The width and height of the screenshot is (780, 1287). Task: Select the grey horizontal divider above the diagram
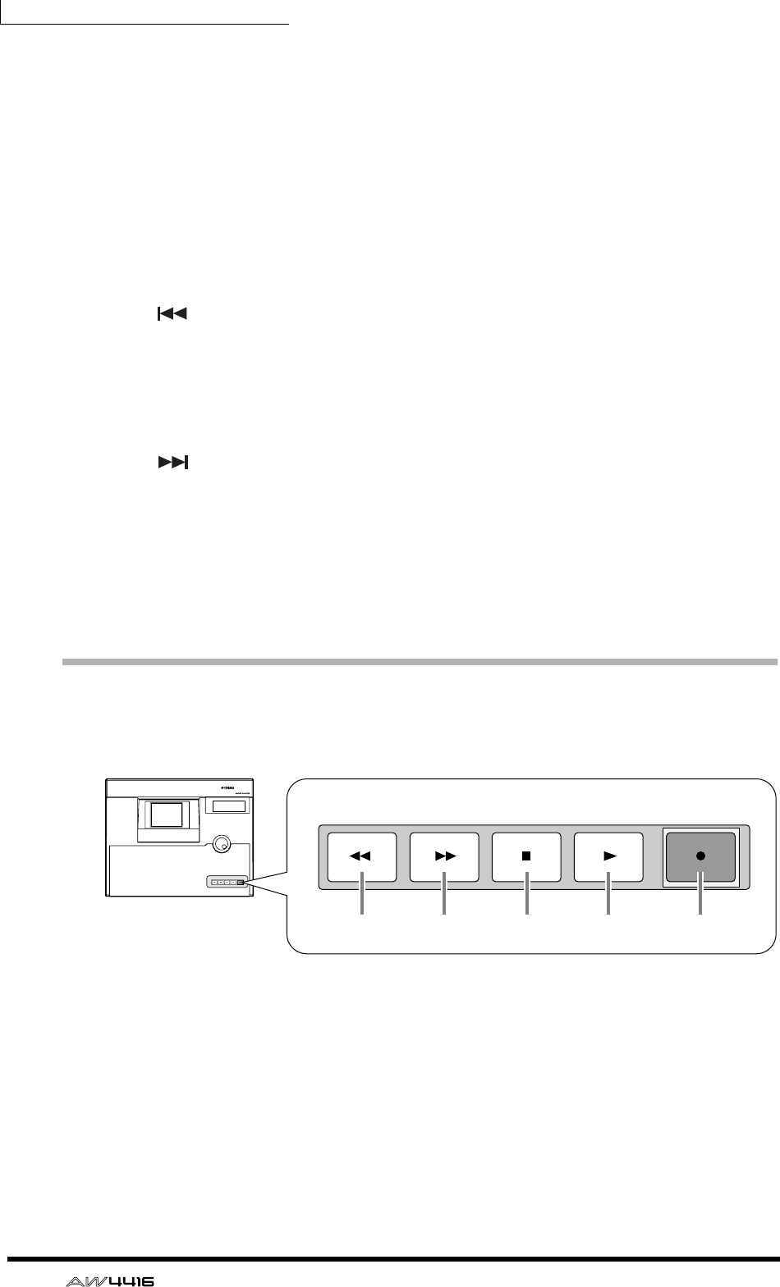pyautogui.click(x=419, y=660)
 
